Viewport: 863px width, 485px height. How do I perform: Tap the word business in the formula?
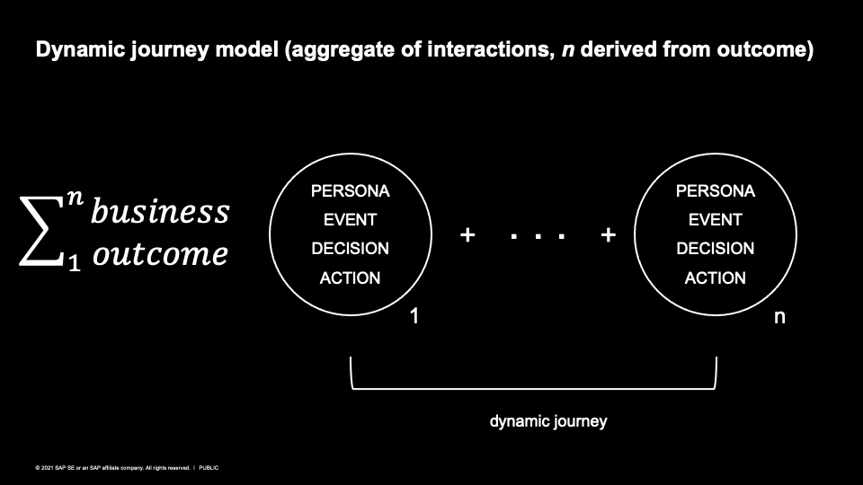pyautogui.click(x=160, y=212)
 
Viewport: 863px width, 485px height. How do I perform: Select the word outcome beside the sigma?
pyautogui.click(x=160, y=253)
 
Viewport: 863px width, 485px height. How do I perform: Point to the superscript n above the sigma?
pyautogui.click(x=76, y=197)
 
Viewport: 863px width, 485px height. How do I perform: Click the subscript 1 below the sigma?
pyautogui.click(x=75, y=264)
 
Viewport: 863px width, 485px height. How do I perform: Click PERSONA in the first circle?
pyautogui.click(x=350, y=190)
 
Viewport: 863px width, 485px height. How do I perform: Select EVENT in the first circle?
pyautogui.click(x=350, y=219)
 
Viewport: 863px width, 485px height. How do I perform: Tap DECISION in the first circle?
pyautogui.click(x=350, y=249)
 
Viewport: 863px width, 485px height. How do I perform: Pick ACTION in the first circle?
pyautogui.click(x=350, y=278)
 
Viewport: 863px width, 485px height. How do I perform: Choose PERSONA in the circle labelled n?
pyautogui.click(x=716, y=190)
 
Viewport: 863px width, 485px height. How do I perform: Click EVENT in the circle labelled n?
pyautogui.click(x=716, y=219)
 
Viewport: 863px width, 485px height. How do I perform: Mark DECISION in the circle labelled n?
pyautogui.click(x=716, y=249)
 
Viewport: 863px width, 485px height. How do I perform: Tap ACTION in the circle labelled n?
pyautogui.click(x=716, y=278)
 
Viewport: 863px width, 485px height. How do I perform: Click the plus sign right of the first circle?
pyautogui.click(x=467, y=235)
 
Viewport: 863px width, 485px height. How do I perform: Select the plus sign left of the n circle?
pyautogui.click(x=609, y=235)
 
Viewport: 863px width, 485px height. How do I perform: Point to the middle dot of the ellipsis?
pyautogui.click(x=538, y=237)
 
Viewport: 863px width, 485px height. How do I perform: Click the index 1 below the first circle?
pyautogui.click(x=414, y=316)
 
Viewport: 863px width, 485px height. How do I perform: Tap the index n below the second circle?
pyautogui.click(x=779, y=317)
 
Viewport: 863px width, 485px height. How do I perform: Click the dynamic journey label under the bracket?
pyautogui.click(x=548, y=421)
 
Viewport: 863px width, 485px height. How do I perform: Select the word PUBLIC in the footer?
pyautogui.click(x=209, y=468)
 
